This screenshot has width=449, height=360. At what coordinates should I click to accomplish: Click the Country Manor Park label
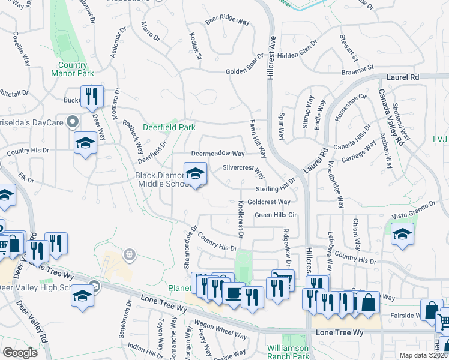point(77,69)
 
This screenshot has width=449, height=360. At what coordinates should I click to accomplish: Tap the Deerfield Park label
point(169,128)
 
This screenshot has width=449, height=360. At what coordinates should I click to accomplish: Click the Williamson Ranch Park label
point(288,352)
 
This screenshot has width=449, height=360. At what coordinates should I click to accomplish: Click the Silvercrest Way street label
point(244,172)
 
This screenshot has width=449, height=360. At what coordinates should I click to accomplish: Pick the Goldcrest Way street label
point(269,202)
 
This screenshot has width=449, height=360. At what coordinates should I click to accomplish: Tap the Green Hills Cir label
point(276,215)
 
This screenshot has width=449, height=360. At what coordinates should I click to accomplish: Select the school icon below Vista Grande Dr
point(402,234)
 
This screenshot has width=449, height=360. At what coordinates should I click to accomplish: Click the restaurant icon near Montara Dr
point(92,96)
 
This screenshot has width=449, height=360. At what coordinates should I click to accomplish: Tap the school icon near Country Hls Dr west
point(85,143)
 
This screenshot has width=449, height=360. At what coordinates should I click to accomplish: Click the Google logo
point(20,352)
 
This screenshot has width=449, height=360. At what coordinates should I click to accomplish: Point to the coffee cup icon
point(233,293)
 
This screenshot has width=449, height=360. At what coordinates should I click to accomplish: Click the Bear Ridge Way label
point(227,21)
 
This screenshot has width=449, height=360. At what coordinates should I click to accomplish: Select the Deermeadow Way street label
point(218,154)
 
